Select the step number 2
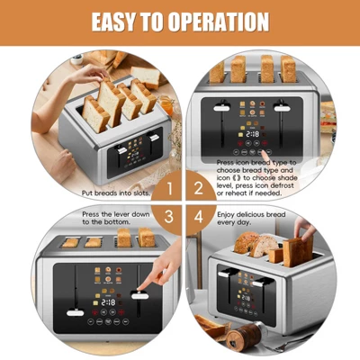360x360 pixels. point(197,189)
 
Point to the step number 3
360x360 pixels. point(164,217)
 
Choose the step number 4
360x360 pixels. point(197,217)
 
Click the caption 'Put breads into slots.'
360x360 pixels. point(115,192)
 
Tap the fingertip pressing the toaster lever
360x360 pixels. point(142,291)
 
